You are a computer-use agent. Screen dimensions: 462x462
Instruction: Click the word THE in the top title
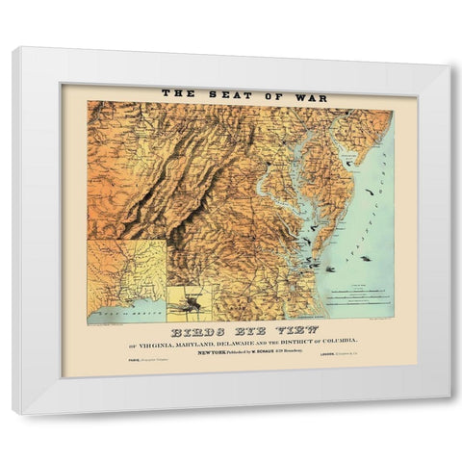[x=178, y=94]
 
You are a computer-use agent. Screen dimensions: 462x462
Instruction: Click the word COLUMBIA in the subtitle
[x=336, y=342]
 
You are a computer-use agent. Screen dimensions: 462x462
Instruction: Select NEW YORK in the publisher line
[x=213, y=352]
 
